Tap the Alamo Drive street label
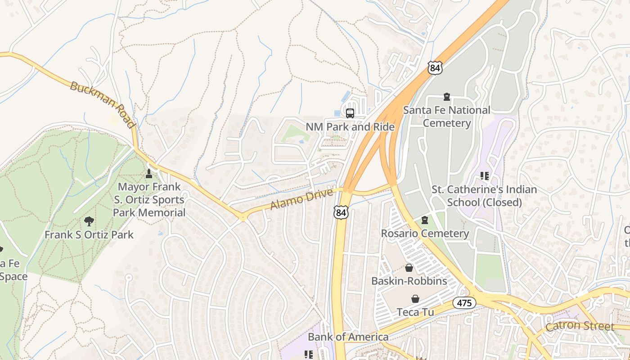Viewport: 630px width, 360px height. tap(301, 199)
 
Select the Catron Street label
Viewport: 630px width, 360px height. tap(580, 326)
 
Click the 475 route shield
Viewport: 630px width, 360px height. tap(464, 303)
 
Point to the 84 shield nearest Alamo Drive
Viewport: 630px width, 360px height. tap(341, 212)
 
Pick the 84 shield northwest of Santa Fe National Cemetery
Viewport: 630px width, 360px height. tap(435, 67)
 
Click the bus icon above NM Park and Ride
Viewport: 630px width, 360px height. tap(350, 113)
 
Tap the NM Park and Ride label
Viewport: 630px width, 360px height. tap(350, 127)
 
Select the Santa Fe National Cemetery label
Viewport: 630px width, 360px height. tap(446, 117)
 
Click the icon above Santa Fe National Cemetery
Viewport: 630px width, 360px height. tap(446, 96)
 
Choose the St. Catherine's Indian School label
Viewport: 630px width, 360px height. tap(484, 196)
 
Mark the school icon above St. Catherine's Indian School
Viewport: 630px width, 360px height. tap(484, 175)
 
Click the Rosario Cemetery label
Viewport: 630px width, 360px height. tap(425, 234)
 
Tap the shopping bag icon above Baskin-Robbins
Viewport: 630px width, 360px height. tap(409, 268)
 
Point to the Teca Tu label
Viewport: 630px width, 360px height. tap(415, 312)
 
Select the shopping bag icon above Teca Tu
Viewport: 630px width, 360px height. tap(415, 299)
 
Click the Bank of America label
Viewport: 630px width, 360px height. tap(348, 337)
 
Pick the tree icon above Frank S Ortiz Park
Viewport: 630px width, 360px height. tap(89, 221)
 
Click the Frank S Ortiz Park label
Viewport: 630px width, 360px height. tap(89, 234)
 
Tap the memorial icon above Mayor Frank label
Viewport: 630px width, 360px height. tap(149, 173)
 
